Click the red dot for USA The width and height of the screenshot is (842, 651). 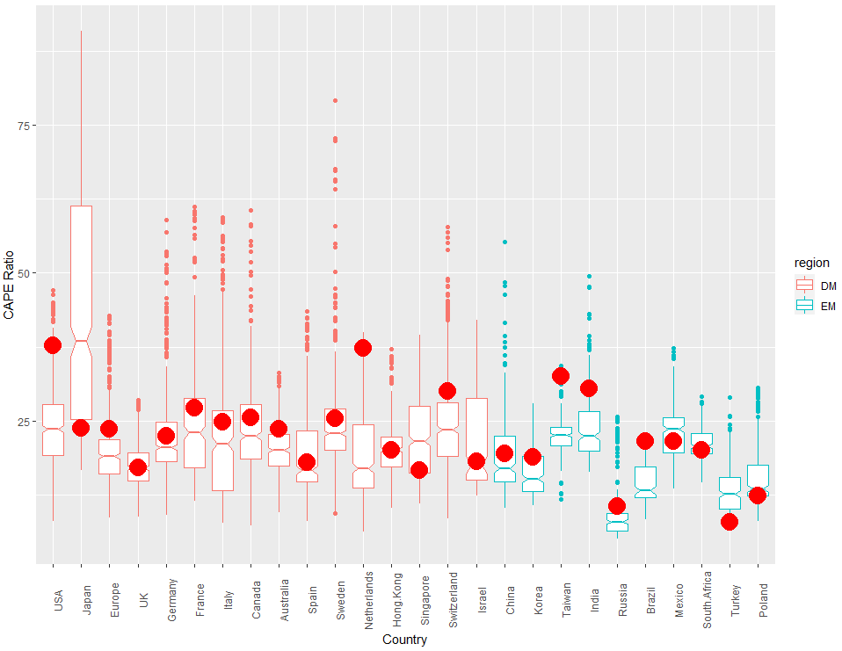click(53, 345)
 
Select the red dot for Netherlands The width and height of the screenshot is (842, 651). click(363, 348)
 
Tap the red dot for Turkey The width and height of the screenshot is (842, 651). click(729, 522)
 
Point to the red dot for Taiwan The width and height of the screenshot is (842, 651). click(561, 377)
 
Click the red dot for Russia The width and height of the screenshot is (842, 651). click(617, 506)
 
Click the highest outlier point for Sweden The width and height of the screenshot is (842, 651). click(335, 101)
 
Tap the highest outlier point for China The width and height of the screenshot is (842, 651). click(504, 242)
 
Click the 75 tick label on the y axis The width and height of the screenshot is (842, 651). click(25, 126)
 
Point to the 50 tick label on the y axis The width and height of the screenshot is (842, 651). click(25, 273)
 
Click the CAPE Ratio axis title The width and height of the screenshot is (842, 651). click(10, 285)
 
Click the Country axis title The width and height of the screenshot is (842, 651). click(404, 640)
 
